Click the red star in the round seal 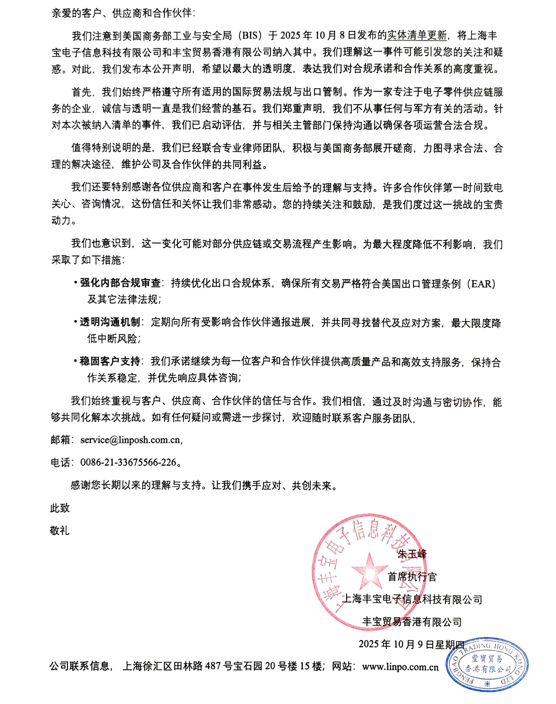369,572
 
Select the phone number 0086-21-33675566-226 128,463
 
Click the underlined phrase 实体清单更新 417,35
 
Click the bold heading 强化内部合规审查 120,283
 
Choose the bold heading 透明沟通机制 110,322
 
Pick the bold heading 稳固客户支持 110,361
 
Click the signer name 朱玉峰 412,554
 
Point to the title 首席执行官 412,577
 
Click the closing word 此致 60,508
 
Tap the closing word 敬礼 60,531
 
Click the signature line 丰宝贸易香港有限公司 412,622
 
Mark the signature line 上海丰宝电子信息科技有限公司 412,599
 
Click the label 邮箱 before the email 60,440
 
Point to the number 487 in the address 212,666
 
